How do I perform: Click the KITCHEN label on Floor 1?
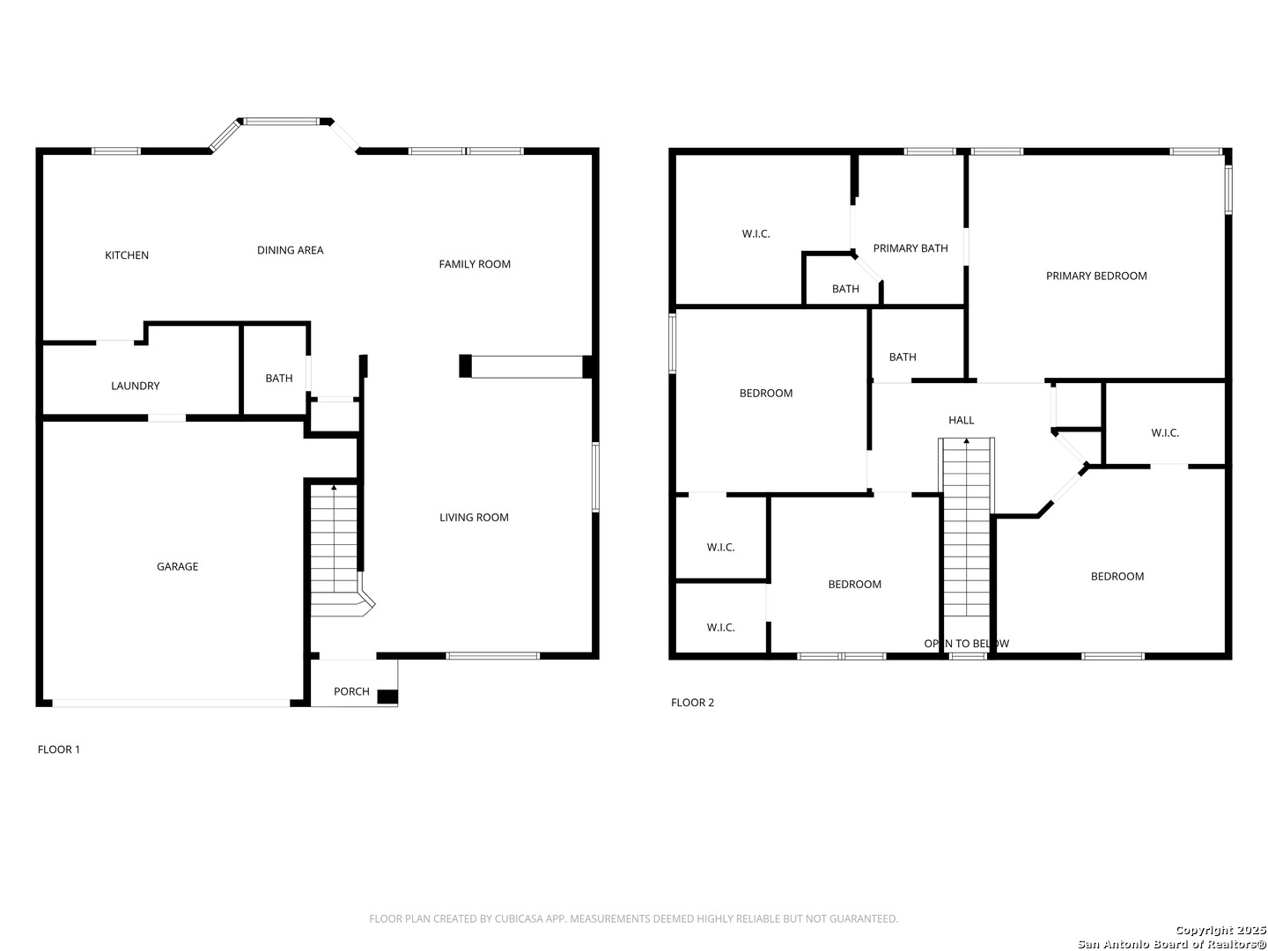(127, 255)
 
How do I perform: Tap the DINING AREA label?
(290, 250)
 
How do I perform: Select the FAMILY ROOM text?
(475, 264)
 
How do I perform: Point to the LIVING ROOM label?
(474, 518)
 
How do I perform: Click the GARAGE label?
(177, 566)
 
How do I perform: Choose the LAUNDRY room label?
(136, 386)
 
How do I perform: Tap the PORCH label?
(351, 691)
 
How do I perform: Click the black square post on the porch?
(387, 697)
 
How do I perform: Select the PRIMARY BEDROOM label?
(1096, 276)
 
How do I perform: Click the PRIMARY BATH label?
(910, 248)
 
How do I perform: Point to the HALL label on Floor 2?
(962, 420)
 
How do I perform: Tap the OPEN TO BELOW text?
(967, 643)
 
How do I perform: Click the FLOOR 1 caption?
(59, 749)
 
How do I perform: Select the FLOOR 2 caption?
(692, 703)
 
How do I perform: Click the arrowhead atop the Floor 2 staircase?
(967, 441)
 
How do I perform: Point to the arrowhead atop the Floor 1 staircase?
(334, 488)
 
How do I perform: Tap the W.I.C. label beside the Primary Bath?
(756, 234)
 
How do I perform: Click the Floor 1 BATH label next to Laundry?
(279, 379)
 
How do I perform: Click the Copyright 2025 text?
(1220, 930)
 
